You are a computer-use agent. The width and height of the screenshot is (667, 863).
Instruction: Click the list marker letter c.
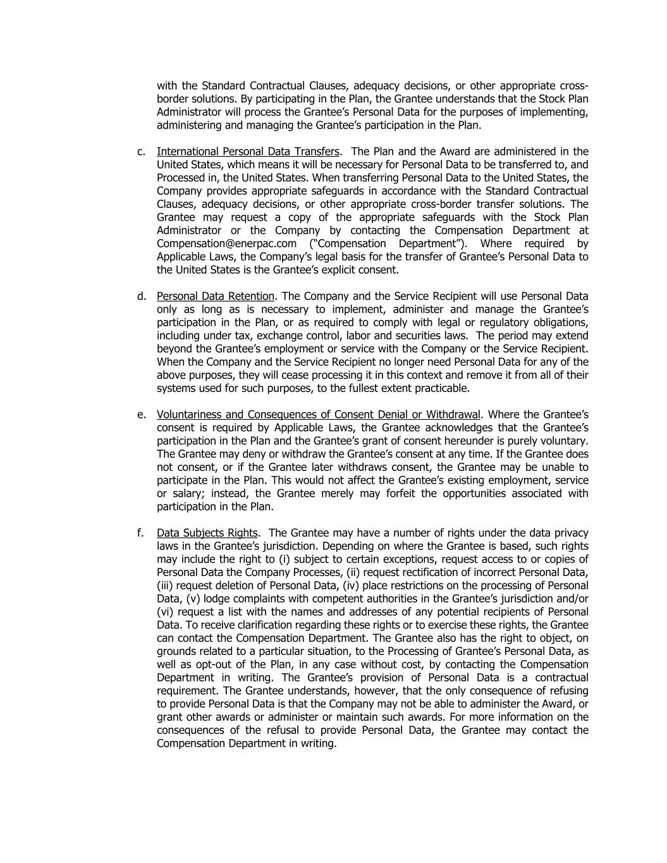coord(140,152)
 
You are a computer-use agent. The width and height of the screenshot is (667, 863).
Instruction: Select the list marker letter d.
coord(140,297)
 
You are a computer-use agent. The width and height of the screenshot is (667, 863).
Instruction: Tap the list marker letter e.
coord(140,415)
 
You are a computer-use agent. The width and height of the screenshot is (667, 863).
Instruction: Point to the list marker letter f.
coord(140,533)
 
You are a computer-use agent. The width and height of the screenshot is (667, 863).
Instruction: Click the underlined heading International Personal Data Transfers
coord(248,152)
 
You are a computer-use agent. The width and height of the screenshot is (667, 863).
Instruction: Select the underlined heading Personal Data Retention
coord(216,297)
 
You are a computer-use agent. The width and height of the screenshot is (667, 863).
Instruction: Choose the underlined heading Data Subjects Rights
coord(207,533)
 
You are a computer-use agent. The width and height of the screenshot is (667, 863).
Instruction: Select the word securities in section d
coord(413,336)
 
